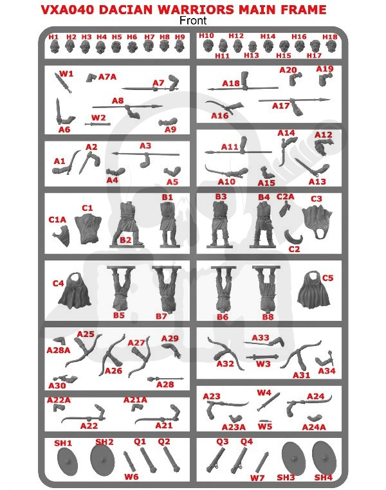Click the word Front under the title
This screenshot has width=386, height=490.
pyautogui.click(x=193, y=21)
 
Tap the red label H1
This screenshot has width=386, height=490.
pyautogui.click(x=53, y=37)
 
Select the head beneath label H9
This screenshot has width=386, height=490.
pyautogui.click(x=179, y=47)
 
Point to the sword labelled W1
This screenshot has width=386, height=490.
pyautogui.click(x=63, y=82)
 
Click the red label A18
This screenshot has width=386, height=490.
pyautogui.click(x=231, y=84)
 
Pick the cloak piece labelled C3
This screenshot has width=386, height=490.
pyautogui.click(x=317, y=222)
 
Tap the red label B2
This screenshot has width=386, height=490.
pyautogui.click(x=125, y=240)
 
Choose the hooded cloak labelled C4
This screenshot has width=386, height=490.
pyautogui.click(x=75, y=290)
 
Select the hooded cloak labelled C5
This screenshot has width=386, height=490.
pyautogui.click(x=313, y=289)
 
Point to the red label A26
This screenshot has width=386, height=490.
pyautogui.click(x=113, y=371)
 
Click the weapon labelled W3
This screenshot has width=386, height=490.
pyautogui.click(x=262, y=357)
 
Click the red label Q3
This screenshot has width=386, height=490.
pyautogui.click(x=222, y=442)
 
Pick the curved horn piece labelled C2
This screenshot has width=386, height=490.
pyautogui.click(x=293, y=237)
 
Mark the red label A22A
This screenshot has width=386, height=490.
pyautogui.click(x=59, y=400)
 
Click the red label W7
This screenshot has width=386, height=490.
pyautogui.click(x=257, y=478)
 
